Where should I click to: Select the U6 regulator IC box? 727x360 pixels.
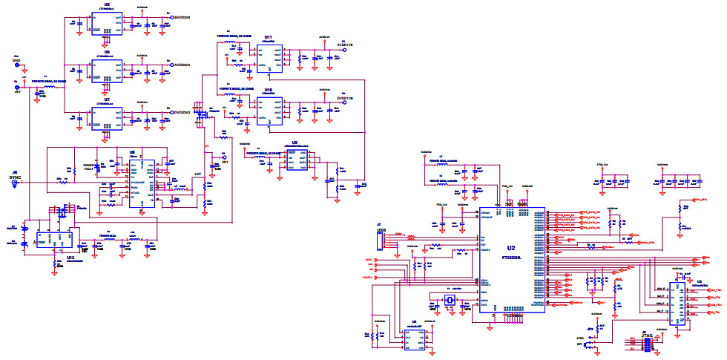pyautogui.click(x=106, y=73)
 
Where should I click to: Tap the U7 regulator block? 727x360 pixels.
pyautogui.click(x=106, y=118)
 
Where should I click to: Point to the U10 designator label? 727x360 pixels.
pyautogui.click(x=268, y=90)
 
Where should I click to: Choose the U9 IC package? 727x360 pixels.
pyautogui.click(x=295, y=160)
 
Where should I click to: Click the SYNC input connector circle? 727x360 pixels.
pyautogui.click(x=15, y=186)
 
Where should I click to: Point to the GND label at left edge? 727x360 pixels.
pyautogui.click(x=16, y=62)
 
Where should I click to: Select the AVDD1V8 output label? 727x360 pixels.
pyautogui.click(x=345, y=45)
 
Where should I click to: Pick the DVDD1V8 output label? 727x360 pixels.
pyautogui.click(x=345, y=97)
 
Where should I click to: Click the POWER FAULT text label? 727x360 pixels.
pyautogui.click(x=91, y=167)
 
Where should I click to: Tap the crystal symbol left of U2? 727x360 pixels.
pyautogui.click(x=450, y=300)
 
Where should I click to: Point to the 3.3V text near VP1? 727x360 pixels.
pyautogui.click(x=198, y=174)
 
